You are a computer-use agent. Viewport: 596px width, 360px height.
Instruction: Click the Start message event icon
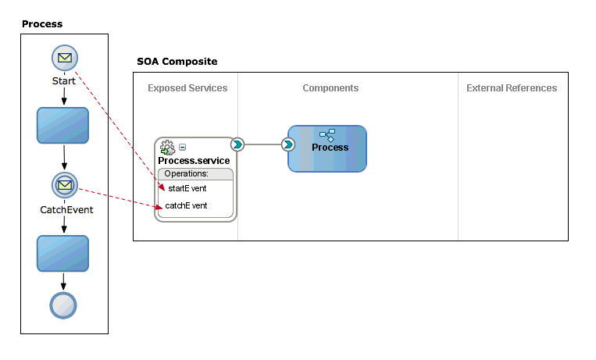pos(65,58)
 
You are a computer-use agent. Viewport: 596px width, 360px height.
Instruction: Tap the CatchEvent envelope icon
pos(65,185)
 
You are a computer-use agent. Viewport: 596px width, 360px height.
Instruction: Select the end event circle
pos(63,305)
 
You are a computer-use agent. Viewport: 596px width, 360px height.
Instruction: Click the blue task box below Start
pos(62,126)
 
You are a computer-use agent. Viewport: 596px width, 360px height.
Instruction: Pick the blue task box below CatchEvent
pos(62,254)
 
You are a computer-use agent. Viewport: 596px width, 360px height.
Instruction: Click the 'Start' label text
pos(64,81)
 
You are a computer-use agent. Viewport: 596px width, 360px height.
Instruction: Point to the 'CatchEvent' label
pos(66,210)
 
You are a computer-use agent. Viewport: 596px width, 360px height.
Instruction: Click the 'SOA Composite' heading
pos(177,62)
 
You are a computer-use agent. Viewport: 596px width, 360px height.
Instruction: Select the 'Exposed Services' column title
pos(187,88)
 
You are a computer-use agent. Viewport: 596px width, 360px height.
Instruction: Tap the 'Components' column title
pos(330,88)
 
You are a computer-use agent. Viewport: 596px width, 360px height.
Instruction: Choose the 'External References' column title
pos(512,88)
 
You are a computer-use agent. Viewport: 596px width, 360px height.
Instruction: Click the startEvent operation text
pos(187,188)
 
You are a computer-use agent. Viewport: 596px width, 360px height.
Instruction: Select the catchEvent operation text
pos(186,205)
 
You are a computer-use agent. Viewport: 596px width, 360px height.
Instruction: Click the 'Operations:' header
pos(186,173)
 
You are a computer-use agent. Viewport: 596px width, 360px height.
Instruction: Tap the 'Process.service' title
pos(194,161)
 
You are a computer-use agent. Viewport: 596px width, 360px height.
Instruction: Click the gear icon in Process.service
pos(167,148)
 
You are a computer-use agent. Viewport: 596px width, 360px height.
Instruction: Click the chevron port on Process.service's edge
pos(237,144)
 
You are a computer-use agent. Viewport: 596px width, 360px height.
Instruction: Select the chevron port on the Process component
pos(288,144)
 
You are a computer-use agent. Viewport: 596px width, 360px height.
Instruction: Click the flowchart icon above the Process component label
pos(327,135)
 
